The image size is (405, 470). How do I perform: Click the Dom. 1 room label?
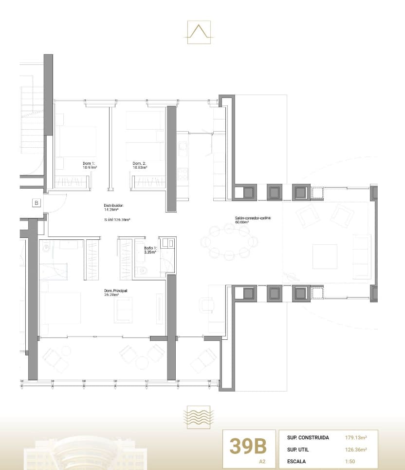(x=90, y=165)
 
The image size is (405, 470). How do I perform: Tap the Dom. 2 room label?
(x=140, y=165)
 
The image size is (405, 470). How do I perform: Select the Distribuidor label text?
(x=114, y=208)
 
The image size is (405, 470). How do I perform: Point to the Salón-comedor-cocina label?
(x=252, y=220)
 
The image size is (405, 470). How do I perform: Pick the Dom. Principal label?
(x=115, y=293)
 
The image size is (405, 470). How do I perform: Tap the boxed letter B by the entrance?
(x=37, y=202)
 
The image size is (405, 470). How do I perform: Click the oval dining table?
(x=229, y=241)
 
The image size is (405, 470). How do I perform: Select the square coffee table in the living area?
(x=325, y=256)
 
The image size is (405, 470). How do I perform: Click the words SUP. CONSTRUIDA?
(x=309, y=437)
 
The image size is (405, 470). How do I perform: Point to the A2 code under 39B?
(x=263, y=460)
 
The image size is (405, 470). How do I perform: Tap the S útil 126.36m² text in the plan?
(x=117, y=220)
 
